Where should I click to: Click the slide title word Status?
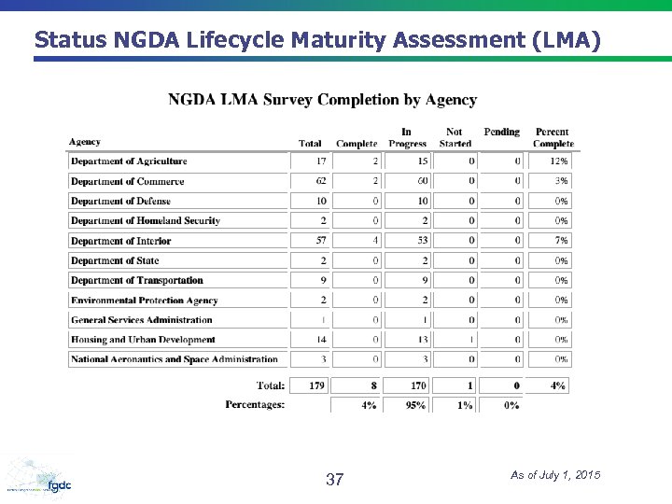click(x=72, y=40)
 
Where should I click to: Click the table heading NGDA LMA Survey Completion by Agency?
click(x=322, y=100)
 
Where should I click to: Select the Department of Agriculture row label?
click(x=129, y=161)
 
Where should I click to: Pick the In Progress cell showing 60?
click(x=407, y=181)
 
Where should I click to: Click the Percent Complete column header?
click(x=553, y=137)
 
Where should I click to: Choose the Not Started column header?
click(x=455, y=137)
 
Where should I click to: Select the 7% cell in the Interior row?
click(x=550, y=241)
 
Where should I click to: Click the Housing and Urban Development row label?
click(x=143, y=340)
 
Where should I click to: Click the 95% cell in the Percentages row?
click(x=407, y=405)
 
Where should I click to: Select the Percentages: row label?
click(x=255, y=405)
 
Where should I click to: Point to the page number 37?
click(x=334, y=481)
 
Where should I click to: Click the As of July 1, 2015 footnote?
click(x=555, y=476)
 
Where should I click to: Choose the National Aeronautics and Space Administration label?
click(x=175, y=359)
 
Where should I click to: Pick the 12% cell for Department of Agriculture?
click(x=550, y=161)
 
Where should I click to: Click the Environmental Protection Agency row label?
click(x=144, y=301)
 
